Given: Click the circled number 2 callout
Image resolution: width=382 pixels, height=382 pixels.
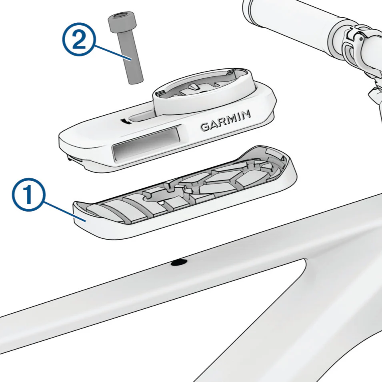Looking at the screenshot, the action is click(x=79, y=39).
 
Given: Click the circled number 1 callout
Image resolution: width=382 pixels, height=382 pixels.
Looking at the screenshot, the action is click(x=29, y=194).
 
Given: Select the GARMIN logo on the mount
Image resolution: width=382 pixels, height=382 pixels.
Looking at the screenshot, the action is click(x=225, y=120).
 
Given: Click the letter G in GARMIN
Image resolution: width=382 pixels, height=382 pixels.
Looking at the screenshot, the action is click(x=205, y=127).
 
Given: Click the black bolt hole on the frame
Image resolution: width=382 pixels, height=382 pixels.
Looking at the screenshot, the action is click(x=179, y=262).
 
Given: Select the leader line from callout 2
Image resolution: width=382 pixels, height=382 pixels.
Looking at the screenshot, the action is click(x=112, y=52).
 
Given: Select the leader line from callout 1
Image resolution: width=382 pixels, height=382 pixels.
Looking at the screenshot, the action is click(x=65, y=211).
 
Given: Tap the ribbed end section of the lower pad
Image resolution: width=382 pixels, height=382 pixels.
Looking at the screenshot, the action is click(x=114, y=210).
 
